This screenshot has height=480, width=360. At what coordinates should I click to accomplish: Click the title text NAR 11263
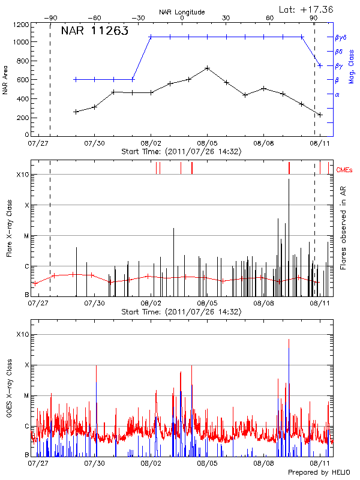95,32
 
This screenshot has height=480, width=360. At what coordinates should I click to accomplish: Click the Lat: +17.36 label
307,9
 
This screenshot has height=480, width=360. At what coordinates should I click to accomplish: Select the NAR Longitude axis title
182,11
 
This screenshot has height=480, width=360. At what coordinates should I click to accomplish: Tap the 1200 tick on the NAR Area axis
22,25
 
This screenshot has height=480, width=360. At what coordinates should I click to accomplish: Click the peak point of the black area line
207,68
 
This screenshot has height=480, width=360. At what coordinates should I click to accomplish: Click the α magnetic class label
337,94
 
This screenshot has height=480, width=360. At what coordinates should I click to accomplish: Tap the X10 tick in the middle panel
23,175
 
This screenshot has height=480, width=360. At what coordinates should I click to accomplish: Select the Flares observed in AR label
343,228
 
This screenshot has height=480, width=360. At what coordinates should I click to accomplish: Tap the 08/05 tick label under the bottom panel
207,463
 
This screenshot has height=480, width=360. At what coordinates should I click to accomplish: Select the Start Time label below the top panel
181,152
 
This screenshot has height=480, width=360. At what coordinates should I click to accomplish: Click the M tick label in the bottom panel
26,396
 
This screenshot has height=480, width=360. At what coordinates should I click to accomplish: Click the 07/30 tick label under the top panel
95,143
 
